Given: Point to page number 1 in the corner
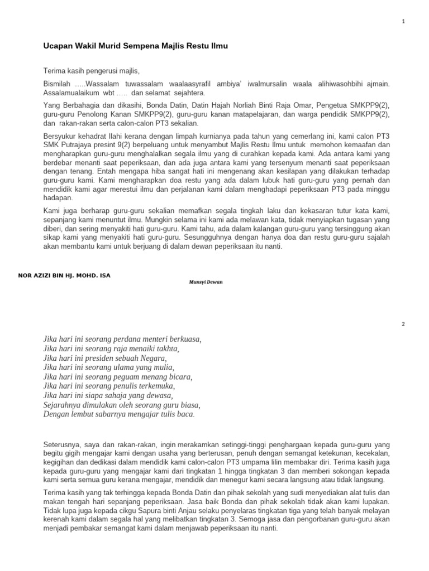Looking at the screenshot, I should click(x=403, y=21).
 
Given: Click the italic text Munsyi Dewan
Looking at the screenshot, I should click(x=206, y=282).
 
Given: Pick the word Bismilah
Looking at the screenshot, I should click(x=58, y=83).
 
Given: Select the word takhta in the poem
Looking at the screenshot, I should click(x=165, y=349).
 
